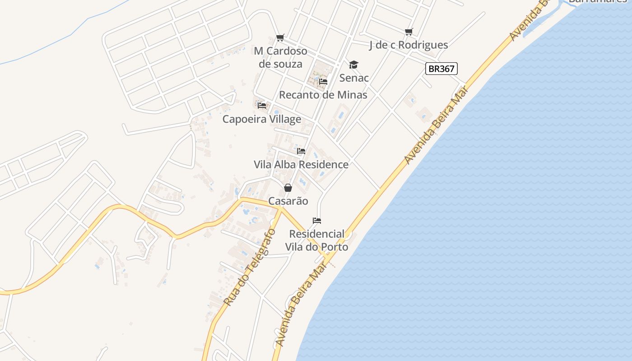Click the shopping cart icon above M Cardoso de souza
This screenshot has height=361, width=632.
(280, 37)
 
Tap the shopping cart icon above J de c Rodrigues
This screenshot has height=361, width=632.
(409, 32)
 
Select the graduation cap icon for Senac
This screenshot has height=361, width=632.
(353, 65)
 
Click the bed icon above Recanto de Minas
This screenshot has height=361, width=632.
(323, 82)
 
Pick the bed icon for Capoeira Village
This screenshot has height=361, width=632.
(262, 106)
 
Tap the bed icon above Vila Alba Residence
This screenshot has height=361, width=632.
(301, 151)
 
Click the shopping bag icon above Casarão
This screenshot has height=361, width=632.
(288, 187)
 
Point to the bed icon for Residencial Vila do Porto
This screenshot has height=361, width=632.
(317, 221)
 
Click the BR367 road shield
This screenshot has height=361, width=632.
(441, 69)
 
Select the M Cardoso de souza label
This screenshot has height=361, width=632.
(280, 57)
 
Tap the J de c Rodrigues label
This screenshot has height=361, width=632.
(409, 45)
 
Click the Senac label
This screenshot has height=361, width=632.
(354, 78)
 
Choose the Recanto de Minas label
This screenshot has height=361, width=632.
(323, 95)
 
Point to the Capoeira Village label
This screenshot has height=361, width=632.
(262, 119)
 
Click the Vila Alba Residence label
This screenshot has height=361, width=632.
(301, 164)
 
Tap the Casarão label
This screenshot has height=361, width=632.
(288, 201)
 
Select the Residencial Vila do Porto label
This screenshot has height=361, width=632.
(317, 241)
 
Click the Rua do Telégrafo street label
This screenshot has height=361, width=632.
(250, 267)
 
